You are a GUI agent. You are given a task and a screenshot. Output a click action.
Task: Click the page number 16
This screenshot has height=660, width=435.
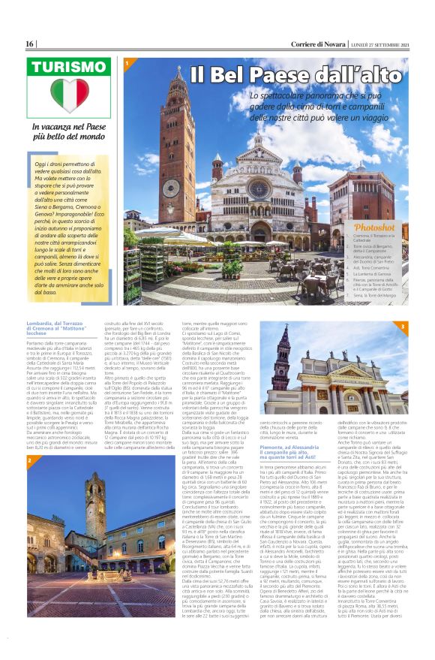tap(30, 44)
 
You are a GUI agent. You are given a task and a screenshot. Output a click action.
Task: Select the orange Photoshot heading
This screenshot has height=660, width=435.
tap(374, 227)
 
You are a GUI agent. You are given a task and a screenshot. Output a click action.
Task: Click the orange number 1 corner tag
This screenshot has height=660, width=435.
tap(127, 63)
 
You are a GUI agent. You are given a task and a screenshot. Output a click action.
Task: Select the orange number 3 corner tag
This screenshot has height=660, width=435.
tap(402, 327)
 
